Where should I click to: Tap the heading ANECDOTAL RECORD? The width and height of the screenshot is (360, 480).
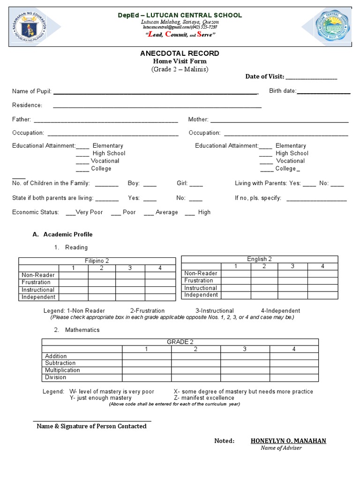click(x=180, y=53)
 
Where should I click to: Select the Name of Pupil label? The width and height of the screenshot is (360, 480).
click(x=31, y=91)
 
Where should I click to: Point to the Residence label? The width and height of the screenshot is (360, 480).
click(x=27, y=105)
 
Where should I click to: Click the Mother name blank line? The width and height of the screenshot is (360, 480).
click(x=279, y=120)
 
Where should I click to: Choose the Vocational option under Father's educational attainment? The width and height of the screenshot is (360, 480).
click(x=105, y=161)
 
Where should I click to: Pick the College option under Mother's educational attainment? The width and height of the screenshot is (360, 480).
click(x=285, y=168)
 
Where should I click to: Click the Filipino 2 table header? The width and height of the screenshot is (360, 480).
click(x=97, y=261)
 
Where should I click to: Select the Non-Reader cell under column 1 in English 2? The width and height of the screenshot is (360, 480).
click(x=236, y=273)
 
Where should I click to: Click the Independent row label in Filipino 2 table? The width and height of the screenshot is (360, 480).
click(x=38, y=297)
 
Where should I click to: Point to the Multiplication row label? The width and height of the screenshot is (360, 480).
click(x=62, y=370)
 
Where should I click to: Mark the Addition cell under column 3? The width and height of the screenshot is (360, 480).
click(x=245, y=356)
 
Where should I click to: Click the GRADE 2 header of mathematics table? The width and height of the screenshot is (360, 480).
click(x=180, y=342)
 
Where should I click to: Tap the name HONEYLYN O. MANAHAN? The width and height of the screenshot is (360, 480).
click(x=288, y=441)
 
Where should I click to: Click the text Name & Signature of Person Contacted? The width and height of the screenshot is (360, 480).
click(x=91, y=426)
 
